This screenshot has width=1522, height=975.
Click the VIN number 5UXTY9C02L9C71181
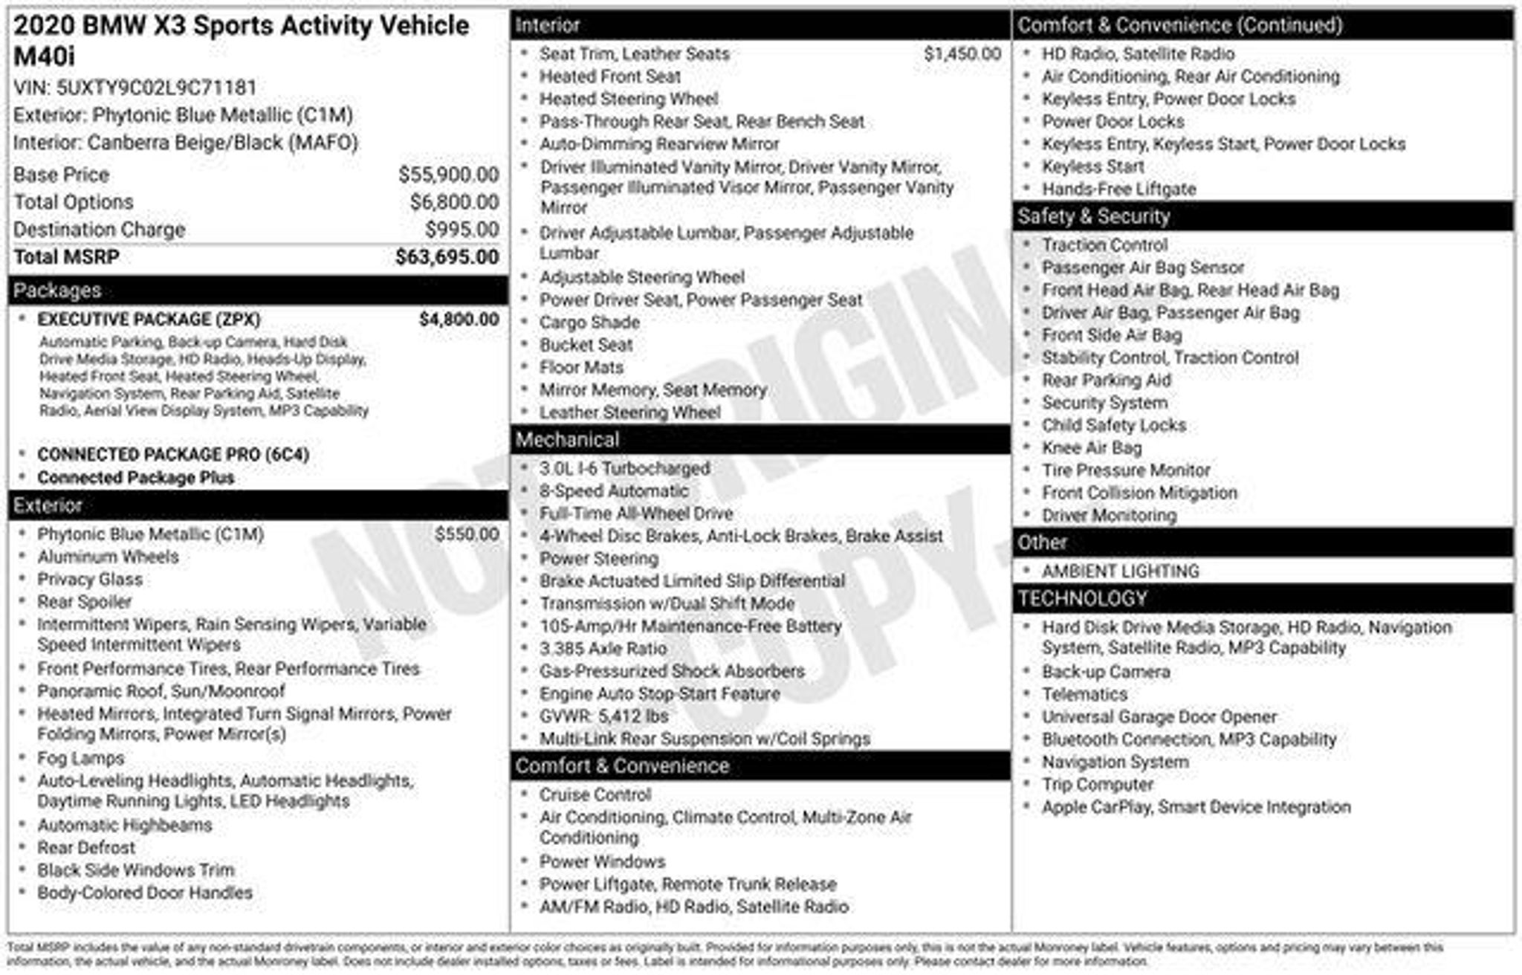pyautogui.click(x=156, y=88)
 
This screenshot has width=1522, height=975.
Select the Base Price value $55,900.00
pyautogui.click(x=448, y=175)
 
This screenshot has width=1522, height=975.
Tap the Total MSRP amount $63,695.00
pyautogui.click(x=447, y=257)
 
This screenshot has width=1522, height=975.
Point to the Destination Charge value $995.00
pyautogui.click(x=462, y=230)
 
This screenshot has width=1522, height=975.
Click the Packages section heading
pyautogui.click(x=57, y=291)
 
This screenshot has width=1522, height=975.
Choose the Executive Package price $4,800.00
pyautogui.click(x=459, y=320)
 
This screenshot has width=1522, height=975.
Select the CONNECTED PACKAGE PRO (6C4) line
pyautogui.click(x=173, y=454)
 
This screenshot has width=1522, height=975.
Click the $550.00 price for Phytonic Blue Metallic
pyautogui.click(x=467, y=534)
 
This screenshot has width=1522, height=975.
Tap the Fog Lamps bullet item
pyautogui.click(x=81, y=758)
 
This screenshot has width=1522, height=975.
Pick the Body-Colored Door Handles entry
pyautogui.click(x=145, y=893)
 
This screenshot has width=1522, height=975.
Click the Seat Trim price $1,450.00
pyautogui.click(x=962, y=54)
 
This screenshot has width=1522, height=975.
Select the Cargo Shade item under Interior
pyautogui.click(x=589, y=323)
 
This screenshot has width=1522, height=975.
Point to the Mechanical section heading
pyautogui.click(x=567, y=440)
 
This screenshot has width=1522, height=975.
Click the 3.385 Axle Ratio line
pyautogui.click(x=603, y=649)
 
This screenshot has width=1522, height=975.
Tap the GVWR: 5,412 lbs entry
pyautogui.click(x=603, y=716)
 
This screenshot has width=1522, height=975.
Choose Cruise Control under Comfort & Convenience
pyautogui.click(x=595, y=794)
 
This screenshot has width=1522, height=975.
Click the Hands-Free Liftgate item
pyautogui.click(x=1118, y=190)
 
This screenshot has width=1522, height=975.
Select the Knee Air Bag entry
pyautogui.click(x=1091, y=448)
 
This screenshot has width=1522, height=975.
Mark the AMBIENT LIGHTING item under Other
pyautogui.click(x=1120, y=571)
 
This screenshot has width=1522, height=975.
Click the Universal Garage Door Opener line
pyautogui.click(x=1159, y=717)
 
